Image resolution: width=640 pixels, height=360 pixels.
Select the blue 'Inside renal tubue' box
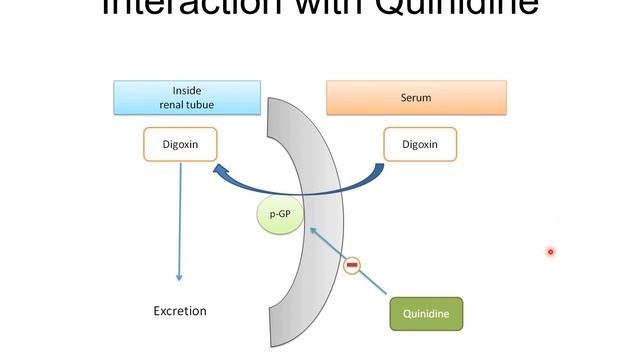point(186,98)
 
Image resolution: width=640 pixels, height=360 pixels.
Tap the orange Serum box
point(416,99)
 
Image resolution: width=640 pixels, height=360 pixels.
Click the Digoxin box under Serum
point(420,144)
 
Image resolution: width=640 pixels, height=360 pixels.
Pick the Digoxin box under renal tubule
point(180,144)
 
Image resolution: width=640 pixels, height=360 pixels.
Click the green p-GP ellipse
point(280,215)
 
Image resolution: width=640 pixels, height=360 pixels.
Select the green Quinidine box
point(426,313)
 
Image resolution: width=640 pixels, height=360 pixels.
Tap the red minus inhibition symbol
point(351,266)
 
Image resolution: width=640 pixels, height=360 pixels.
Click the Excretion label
point(180,311)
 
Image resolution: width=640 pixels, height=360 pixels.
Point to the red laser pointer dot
point(550,252)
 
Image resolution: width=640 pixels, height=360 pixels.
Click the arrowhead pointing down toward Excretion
point(180,277)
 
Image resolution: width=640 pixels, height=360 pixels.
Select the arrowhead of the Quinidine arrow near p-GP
point(313,230)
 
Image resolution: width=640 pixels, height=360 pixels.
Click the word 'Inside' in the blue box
point(186,91)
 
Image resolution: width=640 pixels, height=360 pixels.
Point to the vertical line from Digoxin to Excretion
point(180,220)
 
